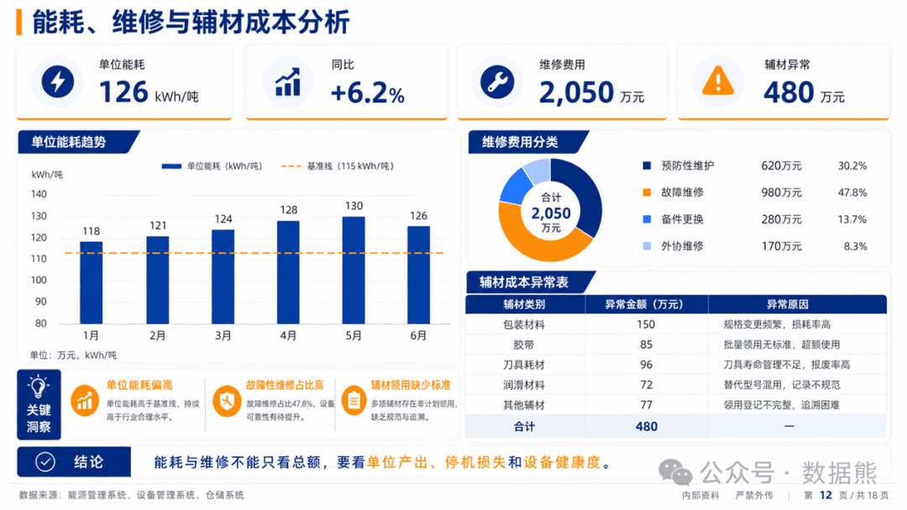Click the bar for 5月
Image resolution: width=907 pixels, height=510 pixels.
[354, 271]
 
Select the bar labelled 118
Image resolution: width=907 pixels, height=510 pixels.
[91, 283]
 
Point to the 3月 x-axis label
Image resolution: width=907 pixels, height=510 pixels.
[223, 336]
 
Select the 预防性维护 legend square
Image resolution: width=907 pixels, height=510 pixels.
[647, 166]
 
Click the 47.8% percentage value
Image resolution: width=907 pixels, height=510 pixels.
[852, 192]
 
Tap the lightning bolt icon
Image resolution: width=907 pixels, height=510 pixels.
[57, 81]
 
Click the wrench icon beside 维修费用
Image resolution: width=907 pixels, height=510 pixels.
[497, 81]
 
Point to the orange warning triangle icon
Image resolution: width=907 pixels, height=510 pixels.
[718, 81]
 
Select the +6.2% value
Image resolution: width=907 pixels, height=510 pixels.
[367, 92]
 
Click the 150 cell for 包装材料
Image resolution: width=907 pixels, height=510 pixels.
[646, 325]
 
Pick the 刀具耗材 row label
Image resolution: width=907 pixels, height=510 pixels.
[523, 365]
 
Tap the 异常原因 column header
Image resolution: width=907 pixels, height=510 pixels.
[787, 304]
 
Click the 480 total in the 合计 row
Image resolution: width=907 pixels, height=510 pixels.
[646, 427]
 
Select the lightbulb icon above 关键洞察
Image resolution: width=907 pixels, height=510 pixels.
[38, 386]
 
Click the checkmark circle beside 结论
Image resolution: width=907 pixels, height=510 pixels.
[45, 462]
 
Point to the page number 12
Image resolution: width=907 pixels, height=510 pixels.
[826, 495]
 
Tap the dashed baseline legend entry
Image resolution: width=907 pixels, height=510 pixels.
[338, 166]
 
